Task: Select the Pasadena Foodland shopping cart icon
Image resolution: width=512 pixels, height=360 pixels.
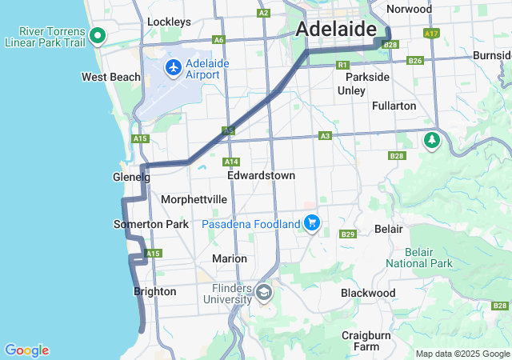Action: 312,223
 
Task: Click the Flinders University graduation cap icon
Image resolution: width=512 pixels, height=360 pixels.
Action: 263,294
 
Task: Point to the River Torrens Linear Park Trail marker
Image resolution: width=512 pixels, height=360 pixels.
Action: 98,35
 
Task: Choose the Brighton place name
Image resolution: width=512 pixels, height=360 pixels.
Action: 155,292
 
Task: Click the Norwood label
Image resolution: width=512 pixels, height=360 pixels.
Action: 409,10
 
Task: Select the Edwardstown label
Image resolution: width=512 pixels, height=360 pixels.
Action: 261,175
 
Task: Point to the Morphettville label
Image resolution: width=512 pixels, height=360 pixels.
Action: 194,199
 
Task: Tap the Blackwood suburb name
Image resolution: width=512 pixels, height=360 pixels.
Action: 368,293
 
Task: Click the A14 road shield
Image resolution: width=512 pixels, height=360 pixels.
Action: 232,161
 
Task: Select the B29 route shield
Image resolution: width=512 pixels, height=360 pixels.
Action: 347,234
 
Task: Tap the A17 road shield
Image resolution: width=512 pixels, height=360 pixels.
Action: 432,34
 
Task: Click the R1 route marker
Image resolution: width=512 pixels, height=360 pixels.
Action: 342,64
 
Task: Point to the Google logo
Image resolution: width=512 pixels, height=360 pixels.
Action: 26,350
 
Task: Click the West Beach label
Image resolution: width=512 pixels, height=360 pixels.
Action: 111,78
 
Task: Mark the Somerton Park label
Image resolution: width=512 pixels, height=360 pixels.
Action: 151,225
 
